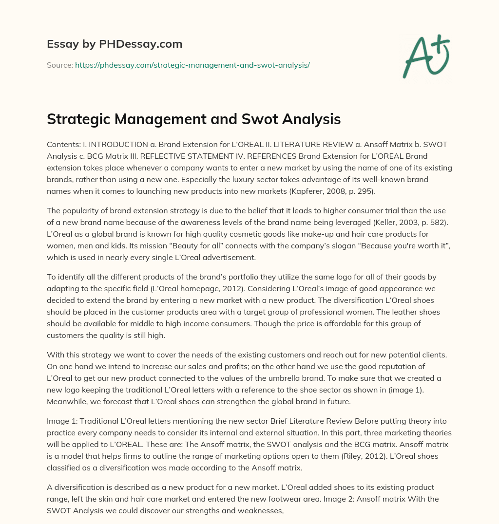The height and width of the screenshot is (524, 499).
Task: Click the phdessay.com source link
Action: pos(192,65)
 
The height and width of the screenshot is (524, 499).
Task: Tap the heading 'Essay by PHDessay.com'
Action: pos(115,44)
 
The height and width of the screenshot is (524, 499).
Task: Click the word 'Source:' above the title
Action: pos(59,65)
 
